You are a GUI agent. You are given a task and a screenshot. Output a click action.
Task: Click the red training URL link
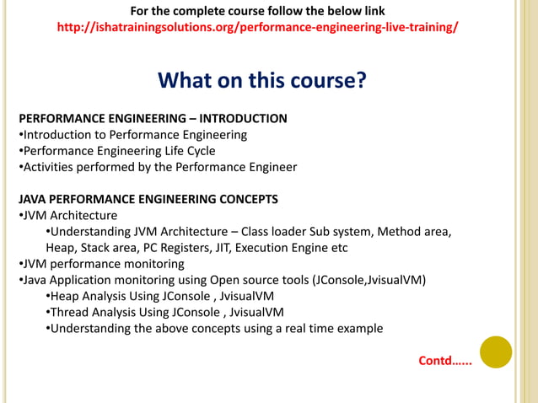tap(257, 27)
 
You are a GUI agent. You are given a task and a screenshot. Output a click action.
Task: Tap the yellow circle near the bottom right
tap(496, 352)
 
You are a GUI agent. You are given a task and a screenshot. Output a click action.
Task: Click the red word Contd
tap(444, 362)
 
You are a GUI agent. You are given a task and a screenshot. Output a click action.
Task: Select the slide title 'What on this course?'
tap(262, 81)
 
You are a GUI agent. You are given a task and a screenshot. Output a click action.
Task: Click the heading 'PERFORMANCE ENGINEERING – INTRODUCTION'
tap(153, 119)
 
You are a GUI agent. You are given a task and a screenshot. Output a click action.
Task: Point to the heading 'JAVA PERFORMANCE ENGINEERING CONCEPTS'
tap(148, 200)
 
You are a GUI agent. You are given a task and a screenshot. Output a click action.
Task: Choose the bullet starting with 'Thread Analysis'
tap(164, 312)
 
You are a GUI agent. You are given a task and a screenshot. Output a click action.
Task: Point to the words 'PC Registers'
tap(175, 248)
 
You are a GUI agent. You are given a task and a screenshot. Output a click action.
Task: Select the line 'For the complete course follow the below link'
tap(257, 11)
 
